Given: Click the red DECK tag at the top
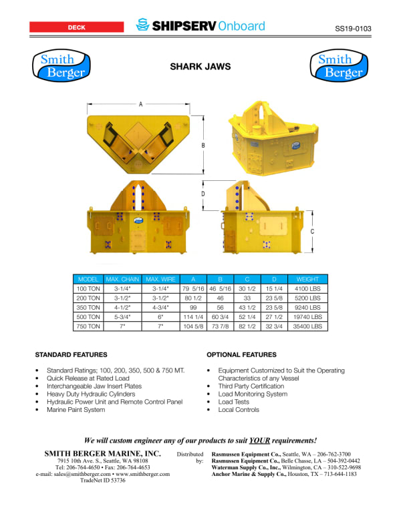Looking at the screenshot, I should coord(76,27).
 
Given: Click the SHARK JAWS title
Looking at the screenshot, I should coord(200,67).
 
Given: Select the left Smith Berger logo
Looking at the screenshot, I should coord(61,66).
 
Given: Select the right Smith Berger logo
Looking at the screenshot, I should coord(340,66).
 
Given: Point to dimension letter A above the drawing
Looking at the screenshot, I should coord(140,105).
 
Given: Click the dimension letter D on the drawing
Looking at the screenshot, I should coord(203,194).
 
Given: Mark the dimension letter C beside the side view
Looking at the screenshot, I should coord(313,231).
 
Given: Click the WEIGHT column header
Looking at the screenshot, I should coord(308,278).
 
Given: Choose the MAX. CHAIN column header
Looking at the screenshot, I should coord(122,278).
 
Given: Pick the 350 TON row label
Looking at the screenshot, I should coord(88,307).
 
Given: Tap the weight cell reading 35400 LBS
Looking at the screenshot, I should coord(308,326).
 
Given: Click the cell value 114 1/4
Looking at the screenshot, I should coord(192,317).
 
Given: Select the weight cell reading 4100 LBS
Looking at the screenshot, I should coord(308,288).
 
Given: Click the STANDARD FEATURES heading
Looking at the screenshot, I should coord(71,354).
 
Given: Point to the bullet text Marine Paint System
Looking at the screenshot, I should coord(76,410).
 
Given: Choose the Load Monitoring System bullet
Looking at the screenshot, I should coord(253,394).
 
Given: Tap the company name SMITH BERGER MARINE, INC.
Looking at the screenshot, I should coord(102,454).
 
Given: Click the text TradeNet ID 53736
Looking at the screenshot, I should coord(102,481).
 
